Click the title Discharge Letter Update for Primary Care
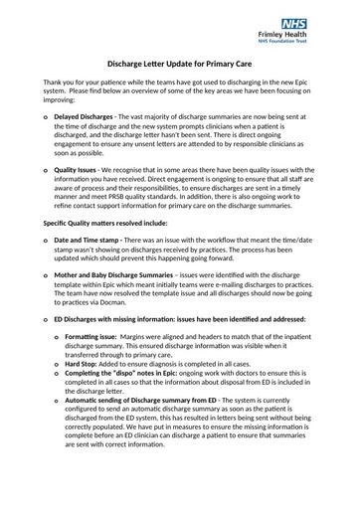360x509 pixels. click(x=179, y=63)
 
